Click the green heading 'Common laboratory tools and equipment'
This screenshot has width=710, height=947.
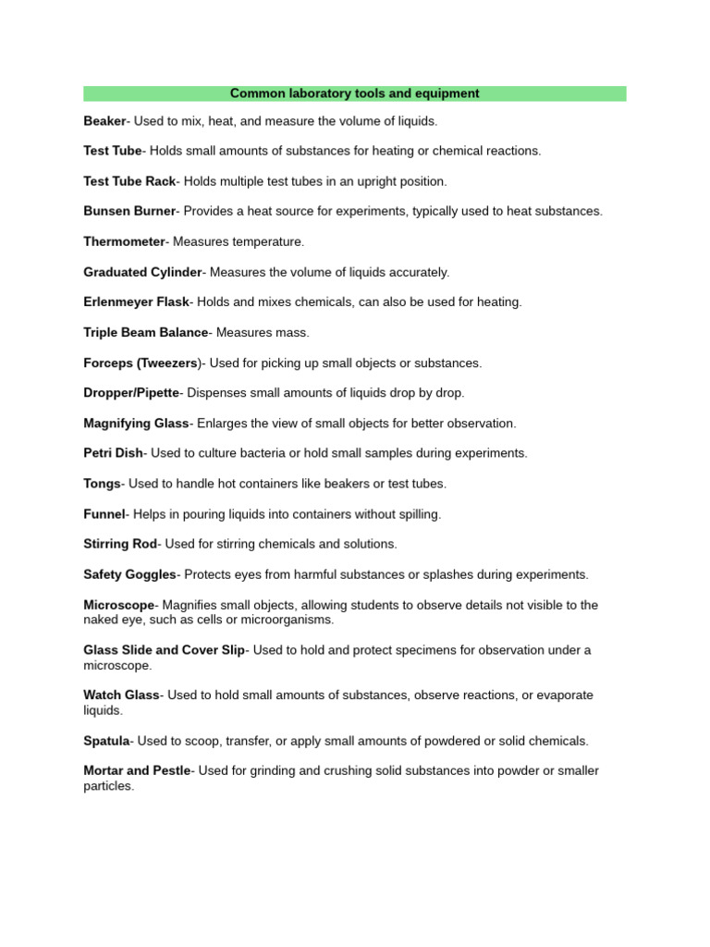pyautogui.click(x=354, y=93)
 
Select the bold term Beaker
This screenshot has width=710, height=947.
pyautogui.click(x=104, y=121)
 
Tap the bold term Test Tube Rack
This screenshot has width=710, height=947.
pyautogui.click(x=129, y=181)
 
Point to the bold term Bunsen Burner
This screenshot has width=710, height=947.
pyautogui.click(x=129, y=211)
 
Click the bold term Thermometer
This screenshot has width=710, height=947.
pyautogui.click(x=124, y=241)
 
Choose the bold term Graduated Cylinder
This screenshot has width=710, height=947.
pyautogui.click(x=142, y=272)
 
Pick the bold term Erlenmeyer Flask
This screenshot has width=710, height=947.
pyautogui.click(x=136, y=301)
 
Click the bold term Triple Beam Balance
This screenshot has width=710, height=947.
pyautogui.click(x=145, y=332)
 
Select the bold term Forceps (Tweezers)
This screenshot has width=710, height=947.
pyautogui.click(x=141, y=363)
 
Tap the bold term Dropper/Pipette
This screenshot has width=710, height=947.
pyautogui.click(x=130, y=393)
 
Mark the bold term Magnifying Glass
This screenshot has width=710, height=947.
pyautogui.click(x=136, y=423)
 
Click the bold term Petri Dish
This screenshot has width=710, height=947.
pyautogui.click(x=113, y=453)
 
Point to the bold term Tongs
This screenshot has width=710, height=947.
pyautogui.click(x=102, y=484)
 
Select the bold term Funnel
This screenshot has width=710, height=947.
pyautogui.click(x=104, y=513)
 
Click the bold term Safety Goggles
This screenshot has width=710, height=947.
pyautogui.click(x=129, y=574)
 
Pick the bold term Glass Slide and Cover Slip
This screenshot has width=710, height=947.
pyautogui.click(x=164, y=650)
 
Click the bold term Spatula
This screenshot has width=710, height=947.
pyautogui.click(x=106, y=741)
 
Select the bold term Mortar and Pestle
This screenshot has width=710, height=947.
pyautogui.click(x=137, y=770)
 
